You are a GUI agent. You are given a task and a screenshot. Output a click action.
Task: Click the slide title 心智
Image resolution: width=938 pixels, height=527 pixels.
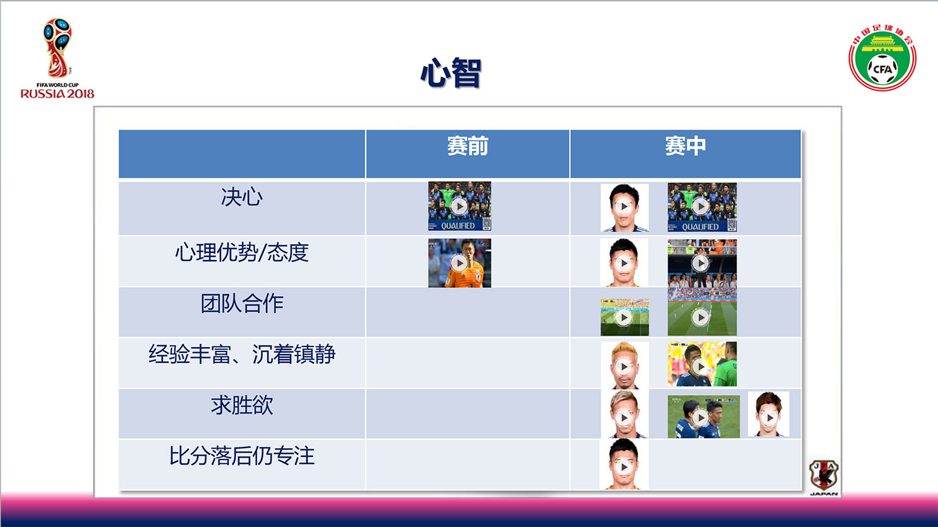(450, 73)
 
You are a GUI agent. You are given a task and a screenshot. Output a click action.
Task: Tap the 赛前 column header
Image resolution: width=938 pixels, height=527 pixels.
(467, 146)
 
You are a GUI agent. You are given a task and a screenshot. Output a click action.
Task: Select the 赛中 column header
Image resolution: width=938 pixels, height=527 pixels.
(685, 146)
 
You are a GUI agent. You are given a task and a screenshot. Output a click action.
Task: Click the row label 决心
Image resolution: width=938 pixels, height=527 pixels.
(242, 197)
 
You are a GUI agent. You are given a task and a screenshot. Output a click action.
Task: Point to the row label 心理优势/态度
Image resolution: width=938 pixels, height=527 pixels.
(242, 252)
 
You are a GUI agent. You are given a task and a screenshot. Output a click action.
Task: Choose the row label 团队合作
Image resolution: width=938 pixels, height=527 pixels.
(242, 303)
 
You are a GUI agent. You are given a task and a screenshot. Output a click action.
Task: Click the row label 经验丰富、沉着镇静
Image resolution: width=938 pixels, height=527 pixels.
(242, 354)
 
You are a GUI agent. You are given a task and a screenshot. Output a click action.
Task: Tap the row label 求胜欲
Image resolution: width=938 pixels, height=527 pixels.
(242, 405)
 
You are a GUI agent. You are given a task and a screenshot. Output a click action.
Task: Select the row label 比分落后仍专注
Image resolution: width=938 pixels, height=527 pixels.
(242, 456)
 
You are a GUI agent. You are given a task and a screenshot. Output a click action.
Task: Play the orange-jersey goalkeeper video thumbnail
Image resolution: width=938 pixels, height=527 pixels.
(459, 263)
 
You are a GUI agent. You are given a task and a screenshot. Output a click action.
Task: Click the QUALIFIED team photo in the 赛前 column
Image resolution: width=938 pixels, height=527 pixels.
(459, 206)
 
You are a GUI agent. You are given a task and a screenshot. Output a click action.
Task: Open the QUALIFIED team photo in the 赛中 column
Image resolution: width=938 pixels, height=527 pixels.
(702, 207)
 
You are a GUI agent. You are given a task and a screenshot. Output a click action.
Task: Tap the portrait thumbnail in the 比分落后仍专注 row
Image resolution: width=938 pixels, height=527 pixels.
(623, 464)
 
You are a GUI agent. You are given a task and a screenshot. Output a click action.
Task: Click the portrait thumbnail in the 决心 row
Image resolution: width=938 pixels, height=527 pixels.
(624, 208)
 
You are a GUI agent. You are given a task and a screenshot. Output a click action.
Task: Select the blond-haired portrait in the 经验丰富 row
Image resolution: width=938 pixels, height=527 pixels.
(625, 365)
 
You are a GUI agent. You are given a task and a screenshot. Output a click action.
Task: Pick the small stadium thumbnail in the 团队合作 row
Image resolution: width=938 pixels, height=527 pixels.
(624, 317)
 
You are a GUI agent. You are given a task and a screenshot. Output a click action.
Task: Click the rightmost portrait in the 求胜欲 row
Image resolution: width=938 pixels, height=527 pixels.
(769, 415)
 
